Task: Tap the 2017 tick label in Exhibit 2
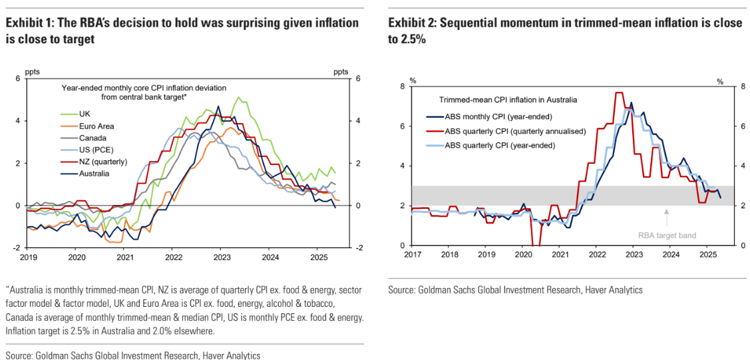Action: (x=413, y=254)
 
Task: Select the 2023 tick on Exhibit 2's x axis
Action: (x=634, y=254)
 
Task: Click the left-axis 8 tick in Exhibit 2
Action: (x=403, y=87)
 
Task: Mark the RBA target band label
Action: (x=667, y=235)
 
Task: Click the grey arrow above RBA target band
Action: (x=667, y=214)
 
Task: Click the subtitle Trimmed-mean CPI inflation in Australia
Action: (x=508, y=100)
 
